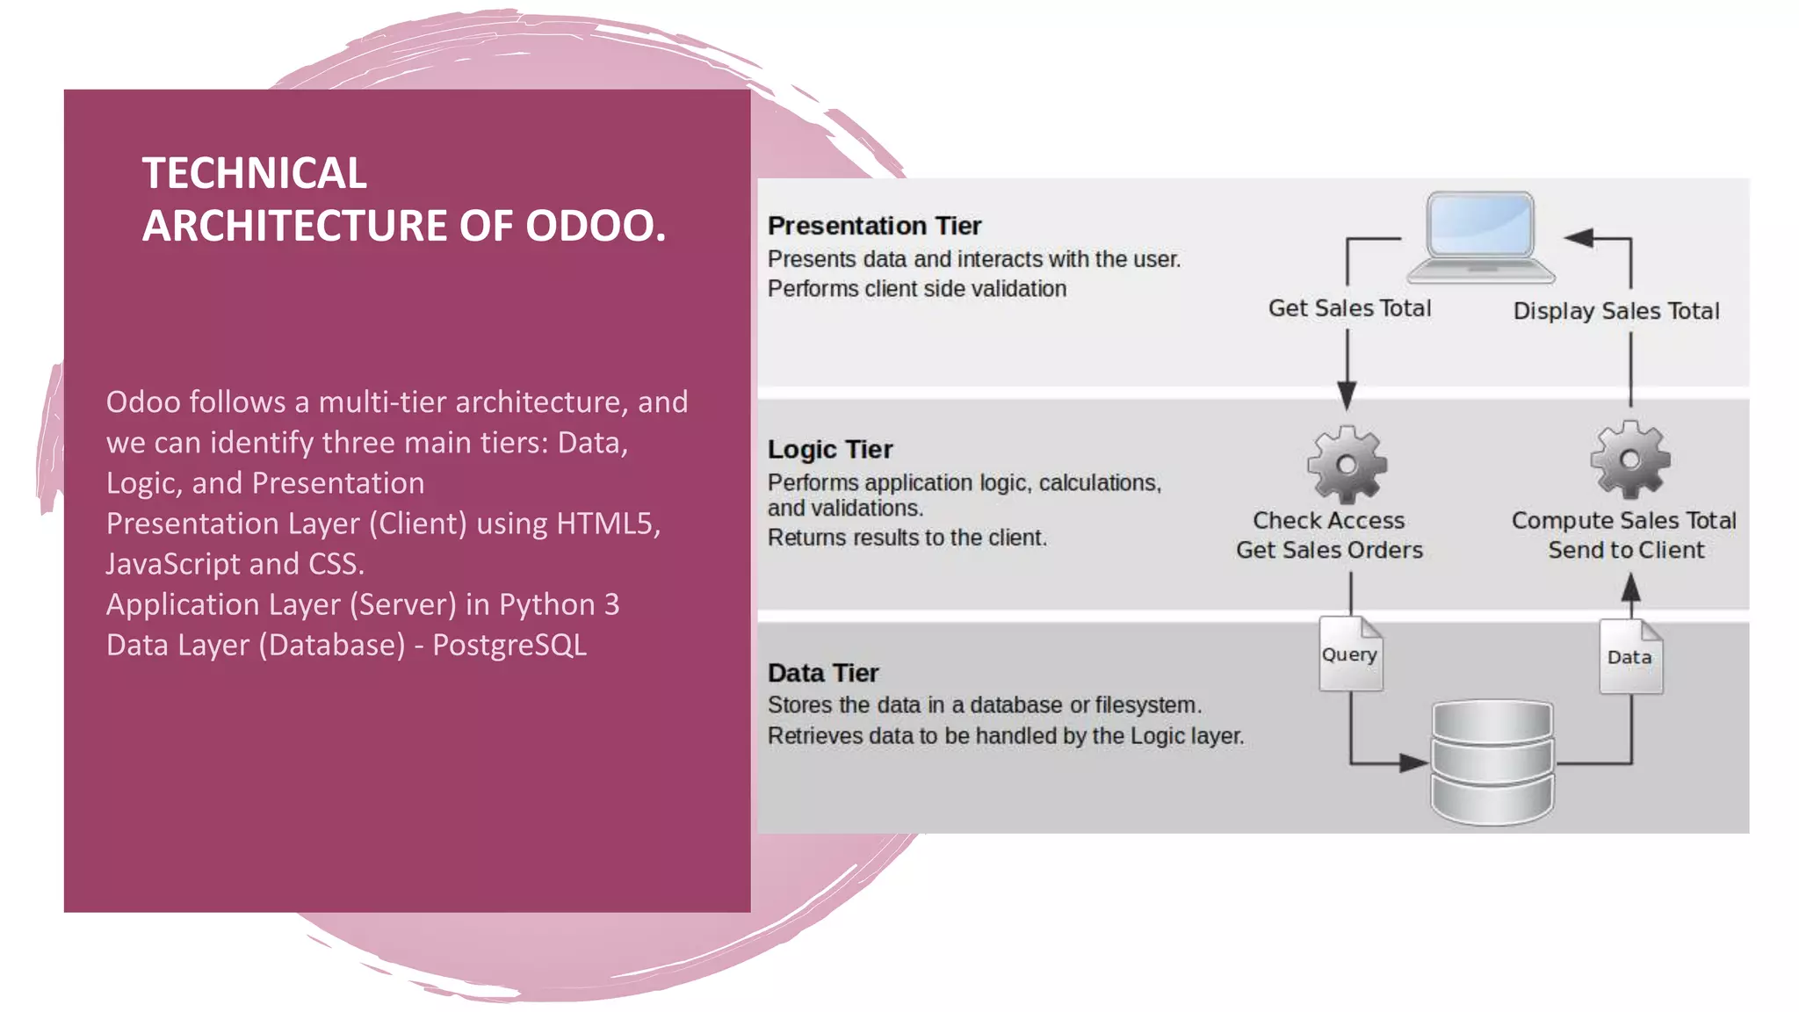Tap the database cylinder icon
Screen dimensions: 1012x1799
(x=1492, y=761)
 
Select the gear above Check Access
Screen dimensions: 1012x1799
(x=1347, y=464)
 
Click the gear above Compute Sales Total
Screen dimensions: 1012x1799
(x=1629, y=459)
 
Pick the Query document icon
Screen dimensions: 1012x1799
(x=1350, y=654)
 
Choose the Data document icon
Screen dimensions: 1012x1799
(x=1629, y=657)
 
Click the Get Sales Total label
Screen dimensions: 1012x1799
(x=1349, y=308)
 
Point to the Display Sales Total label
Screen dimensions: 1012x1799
(x=1615, y=311)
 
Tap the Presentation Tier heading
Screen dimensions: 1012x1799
(x=874, y=226)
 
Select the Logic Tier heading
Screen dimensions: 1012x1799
(x=829, y=450)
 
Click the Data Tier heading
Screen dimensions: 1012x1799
(x=823, y=673)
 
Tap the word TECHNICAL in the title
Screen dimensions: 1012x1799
(x=255, y=173)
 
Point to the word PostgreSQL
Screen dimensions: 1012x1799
(x=509, y=645)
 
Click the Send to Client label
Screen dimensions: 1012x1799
(x=1626, y=550)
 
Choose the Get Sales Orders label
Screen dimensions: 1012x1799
(x=1329, y=550)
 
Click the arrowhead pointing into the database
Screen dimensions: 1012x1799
(x=1413, y=763)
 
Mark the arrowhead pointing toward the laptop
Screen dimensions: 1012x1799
(x=1579, y=237)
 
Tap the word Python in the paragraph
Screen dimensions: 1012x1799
(x=546, y=604)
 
